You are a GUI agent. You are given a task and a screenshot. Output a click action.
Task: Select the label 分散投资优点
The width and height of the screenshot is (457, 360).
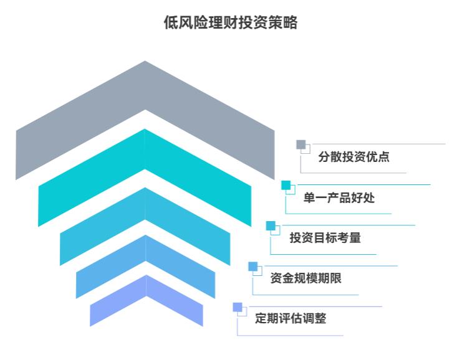coord(354,157)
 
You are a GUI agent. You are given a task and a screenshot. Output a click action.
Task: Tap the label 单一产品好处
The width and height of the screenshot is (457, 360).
coord(339,197)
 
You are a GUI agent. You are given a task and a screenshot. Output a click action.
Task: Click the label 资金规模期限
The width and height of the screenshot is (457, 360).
coord(305,278)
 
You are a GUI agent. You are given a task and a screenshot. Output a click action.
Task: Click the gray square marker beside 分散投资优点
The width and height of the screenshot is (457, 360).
coord(301,144)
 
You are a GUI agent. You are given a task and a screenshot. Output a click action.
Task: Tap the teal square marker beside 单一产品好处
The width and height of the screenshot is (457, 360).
coord(286,185)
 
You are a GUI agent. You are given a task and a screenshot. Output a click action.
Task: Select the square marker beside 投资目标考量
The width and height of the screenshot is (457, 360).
coord(271,225)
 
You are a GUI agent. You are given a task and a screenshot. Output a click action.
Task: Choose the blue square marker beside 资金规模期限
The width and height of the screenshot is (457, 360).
coord(253,266)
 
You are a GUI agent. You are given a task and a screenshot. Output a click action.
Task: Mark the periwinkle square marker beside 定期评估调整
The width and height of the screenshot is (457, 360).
coord(237,306)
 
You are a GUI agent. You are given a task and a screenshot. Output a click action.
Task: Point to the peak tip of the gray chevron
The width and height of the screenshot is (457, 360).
coord(145,63)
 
